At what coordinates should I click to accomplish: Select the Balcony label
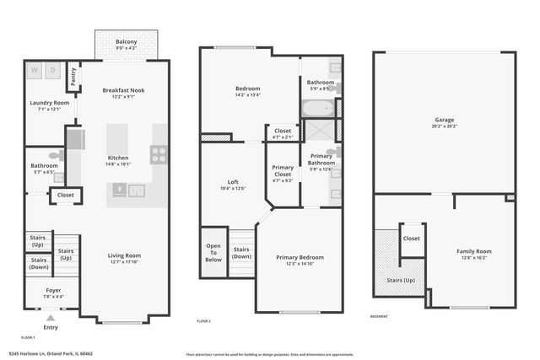127,40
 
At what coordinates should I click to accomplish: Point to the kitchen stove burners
159,154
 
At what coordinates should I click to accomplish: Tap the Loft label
233,182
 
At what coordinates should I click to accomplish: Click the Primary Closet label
283,170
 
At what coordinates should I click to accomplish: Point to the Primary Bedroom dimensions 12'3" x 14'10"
300,265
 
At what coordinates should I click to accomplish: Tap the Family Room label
473,250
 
